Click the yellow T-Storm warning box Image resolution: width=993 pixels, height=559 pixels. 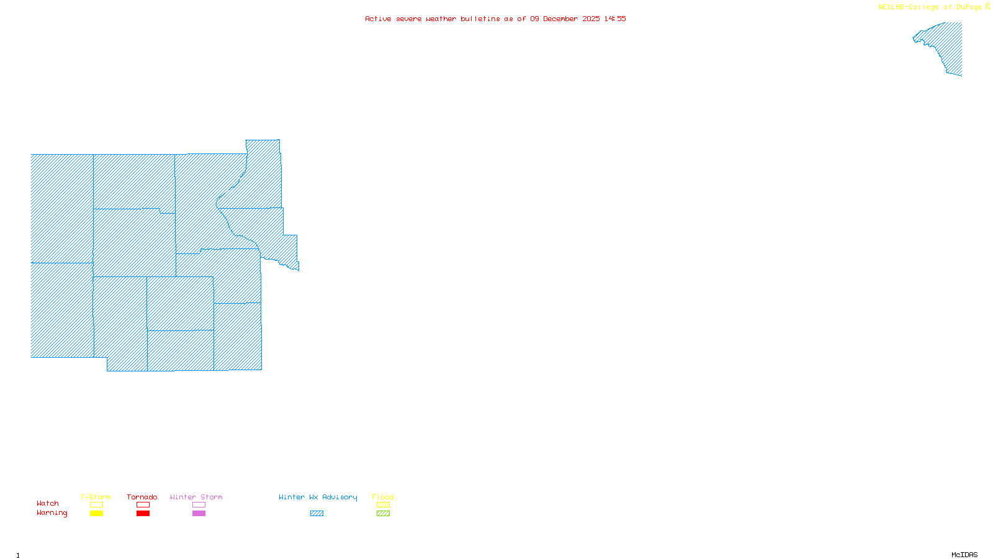coord(96,514)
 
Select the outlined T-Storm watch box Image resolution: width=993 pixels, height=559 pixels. coord(96,505)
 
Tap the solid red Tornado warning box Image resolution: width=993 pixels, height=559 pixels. coord(143,514)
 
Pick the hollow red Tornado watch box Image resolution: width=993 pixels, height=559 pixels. coord(143,505)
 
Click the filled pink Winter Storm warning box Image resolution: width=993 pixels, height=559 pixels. coord(199,514)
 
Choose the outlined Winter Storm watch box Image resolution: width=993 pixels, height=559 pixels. coord(199,505)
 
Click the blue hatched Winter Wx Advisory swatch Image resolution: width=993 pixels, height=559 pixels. coord(317,514)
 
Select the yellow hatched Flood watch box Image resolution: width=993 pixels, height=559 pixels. coord(383,505)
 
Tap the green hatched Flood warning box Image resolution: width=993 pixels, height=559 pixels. coord(383,514)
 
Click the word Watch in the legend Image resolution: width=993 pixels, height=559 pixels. coord(48,504)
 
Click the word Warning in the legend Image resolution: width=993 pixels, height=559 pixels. coord(52,513)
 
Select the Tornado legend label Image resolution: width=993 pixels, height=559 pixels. coord(142,497)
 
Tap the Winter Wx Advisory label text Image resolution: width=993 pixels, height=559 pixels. coord(318,497)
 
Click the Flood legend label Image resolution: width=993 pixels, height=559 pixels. coord(383,497)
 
